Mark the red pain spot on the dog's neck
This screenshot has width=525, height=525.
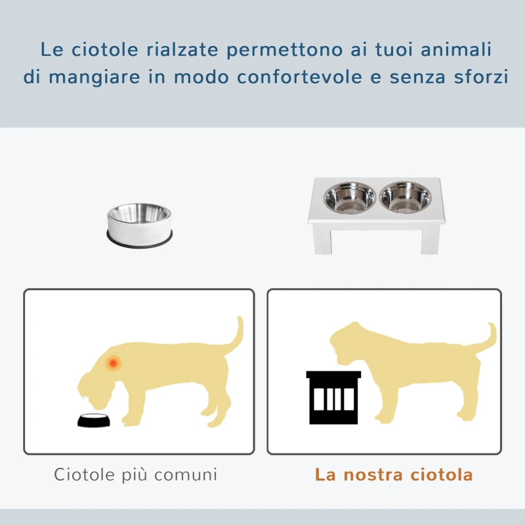coord(114,362)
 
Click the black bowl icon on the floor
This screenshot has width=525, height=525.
coord(94,421)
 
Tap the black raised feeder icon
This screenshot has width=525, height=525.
coord(333,396)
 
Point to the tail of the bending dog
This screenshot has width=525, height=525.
coord(234,335)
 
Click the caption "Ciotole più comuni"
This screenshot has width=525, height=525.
coord(136,474)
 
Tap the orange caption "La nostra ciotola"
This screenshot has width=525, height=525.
coord(394,474)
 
